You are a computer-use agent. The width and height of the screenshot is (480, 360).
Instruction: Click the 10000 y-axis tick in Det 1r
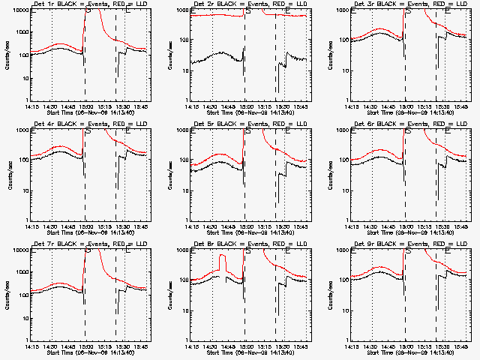[18, 10]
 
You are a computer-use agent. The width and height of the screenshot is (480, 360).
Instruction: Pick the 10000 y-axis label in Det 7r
[18, 250]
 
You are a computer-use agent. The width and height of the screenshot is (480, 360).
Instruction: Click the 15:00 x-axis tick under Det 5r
[245, 226]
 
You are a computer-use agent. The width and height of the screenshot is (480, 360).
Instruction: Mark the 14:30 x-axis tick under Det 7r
[52, 346]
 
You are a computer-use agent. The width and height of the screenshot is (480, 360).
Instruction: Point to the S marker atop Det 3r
[407, 12]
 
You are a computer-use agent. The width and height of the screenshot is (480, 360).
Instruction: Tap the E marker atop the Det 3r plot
[448, 12]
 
